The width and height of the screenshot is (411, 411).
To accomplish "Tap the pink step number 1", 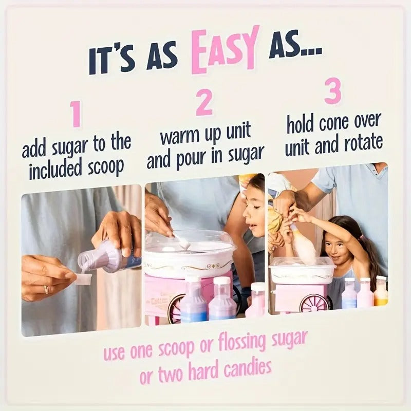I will tap(76, 114).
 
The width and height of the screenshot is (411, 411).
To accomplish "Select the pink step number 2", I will tap(204, 103).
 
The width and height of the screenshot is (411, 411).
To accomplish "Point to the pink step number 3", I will tap(332, 91).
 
